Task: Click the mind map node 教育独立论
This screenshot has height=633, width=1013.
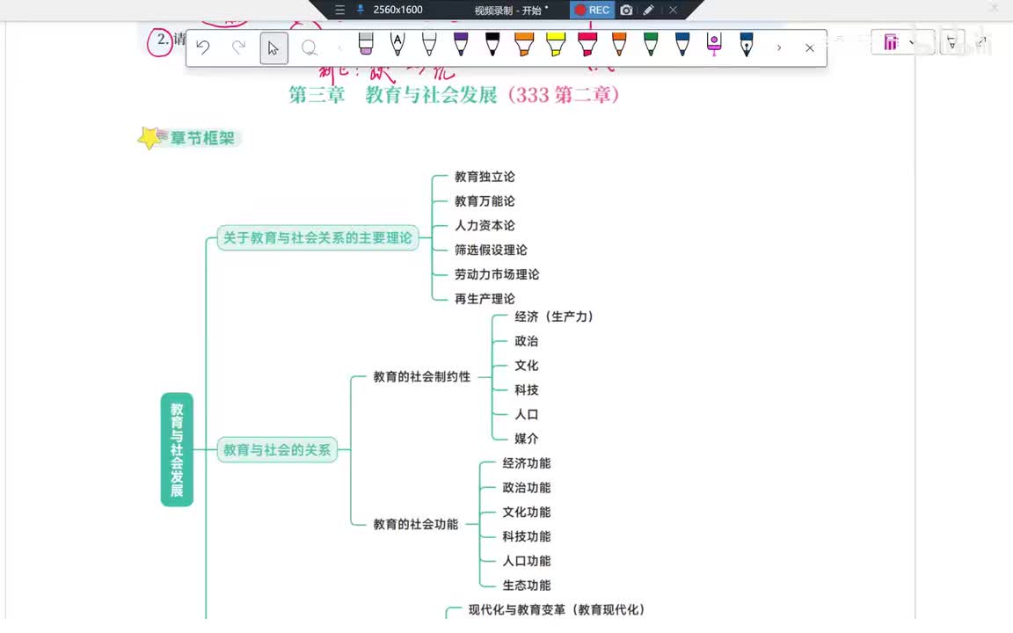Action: coord(485,177)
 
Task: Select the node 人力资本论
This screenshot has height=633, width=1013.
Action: coord(485,226)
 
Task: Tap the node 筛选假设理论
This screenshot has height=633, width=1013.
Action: coord(491,251)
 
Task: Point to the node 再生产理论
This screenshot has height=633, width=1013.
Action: coord(485,299)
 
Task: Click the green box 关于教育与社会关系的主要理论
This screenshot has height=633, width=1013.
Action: coord(317,237)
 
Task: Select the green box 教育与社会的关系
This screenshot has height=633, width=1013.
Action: coord(277,450)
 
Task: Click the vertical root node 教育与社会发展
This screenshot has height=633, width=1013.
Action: coord(177,449)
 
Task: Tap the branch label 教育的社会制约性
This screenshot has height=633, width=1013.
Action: coord(421,377)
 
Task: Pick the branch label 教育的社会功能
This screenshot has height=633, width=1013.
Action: coord(415,525)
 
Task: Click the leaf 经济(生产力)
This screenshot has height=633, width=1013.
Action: coord(554,316)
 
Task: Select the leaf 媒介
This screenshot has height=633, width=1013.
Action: coord(526,439)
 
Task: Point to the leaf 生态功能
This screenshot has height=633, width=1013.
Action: coord(526,586)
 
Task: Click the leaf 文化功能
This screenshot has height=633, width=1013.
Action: coord(526,513)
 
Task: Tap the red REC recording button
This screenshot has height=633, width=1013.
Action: coord(592,10)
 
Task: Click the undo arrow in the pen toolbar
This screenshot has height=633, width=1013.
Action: coord(203,47)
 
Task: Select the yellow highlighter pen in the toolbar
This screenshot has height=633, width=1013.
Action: coord(555,44)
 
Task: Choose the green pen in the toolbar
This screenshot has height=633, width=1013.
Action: coord(651,44)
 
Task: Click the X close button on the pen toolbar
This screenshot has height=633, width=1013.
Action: coord(810,47)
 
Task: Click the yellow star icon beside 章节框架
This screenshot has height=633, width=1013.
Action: coord(150,138)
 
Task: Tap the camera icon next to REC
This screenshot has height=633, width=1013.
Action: coord(626,10)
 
